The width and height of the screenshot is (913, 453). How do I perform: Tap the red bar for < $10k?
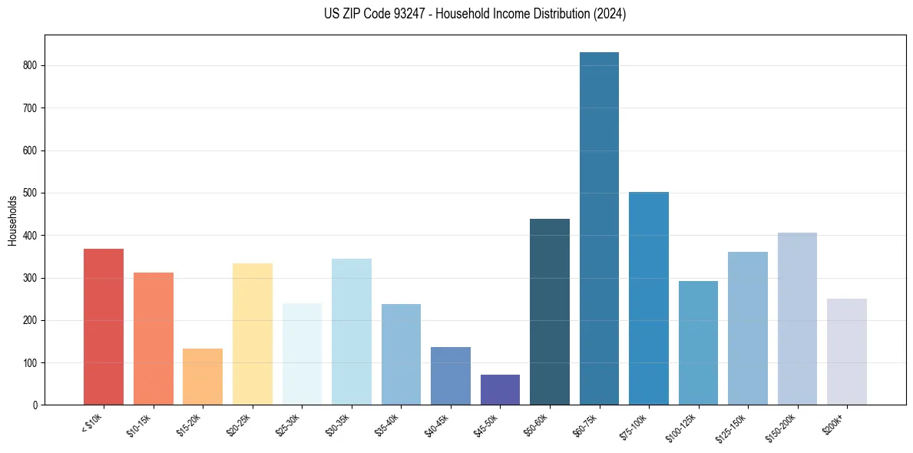point(104,326)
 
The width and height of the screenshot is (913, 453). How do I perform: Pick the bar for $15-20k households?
point(203,376)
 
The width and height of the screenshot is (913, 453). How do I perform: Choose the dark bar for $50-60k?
point(550,312)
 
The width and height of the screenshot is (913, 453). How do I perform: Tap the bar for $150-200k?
point(797,319)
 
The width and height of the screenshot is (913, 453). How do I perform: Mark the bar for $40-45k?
point(451,375)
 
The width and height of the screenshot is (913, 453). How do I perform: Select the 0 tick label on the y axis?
point(36,405)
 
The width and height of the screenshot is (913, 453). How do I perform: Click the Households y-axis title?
point(13,220)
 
